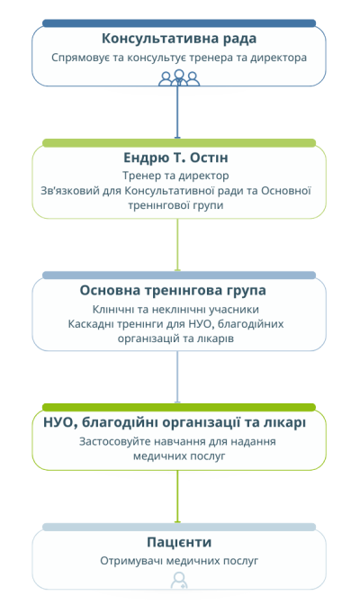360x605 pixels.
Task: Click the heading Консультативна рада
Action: [x=179, y=39]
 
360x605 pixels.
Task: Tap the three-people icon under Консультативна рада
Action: [x=179, y=78]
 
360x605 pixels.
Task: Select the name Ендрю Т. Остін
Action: [x=175, y=158]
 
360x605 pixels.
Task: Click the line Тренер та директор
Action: [x=175, y=176]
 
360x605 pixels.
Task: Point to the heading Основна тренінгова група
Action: [x=173, y=291]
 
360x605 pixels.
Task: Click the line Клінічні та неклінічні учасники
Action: [x=175, y=310]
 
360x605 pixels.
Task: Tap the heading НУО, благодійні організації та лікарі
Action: [x=175, y=423]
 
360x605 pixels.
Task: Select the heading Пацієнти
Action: [x=179, y=542]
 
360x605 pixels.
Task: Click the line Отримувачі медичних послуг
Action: [x=179, y=561]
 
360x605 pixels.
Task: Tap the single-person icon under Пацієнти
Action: [x=179, y=581]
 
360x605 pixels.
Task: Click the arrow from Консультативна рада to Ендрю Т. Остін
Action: [x=177, y=112]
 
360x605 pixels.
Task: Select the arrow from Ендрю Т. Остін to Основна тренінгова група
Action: [x=177, y=245]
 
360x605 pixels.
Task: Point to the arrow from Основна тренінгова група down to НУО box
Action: [x=177, y=377]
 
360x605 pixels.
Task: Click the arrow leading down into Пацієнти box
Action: [x=177, y=497]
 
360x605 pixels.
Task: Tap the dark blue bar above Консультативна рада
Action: [x=179, y=23]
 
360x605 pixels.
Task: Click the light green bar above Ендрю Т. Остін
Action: [x=179, y=143]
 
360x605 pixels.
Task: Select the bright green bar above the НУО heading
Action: [x=179, y=408]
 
